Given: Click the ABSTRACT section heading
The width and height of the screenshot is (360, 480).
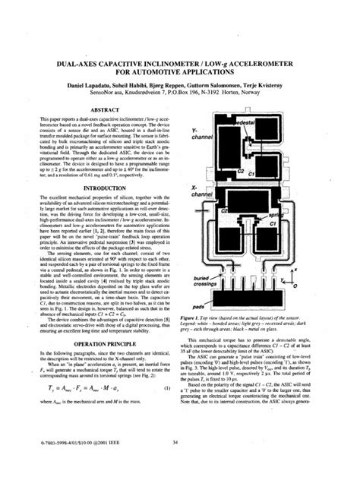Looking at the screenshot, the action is tap(96, 109).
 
